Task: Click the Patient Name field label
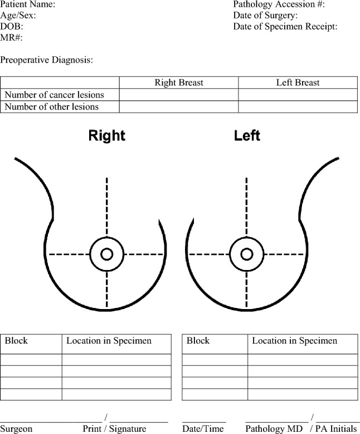tap(28, 4)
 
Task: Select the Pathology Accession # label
tap(279, 4)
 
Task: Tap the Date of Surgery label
tap(265, 16)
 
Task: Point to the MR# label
tap(11, 37)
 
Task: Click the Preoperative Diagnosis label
tap(46, 59)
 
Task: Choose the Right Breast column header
tap(179, 83)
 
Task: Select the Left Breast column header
tap(298, 83)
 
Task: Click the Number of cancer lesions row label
tap(54, 95)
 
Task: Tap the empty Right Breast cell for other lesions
tap(179, 107)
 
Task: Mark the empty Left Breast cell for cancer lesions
tap(298, 95)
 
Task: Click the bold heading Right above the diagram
tap(107, 136)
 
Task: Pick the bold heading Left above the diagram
tap(247, 136)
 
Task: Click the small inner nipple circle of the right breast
tap(107, 254)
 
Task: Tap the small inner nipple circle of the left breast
tap(246, 254)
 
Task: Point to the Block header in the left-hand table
tap(16, 341)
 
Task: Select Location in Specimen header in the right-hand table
tap(294, 341)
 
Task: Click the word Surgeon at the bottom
tap(17, 429)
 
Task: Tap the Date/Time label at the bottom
tap(204, 429)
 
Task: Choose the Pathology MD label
tap(274, 429)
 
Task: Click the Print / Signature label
tap(114, 429)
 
